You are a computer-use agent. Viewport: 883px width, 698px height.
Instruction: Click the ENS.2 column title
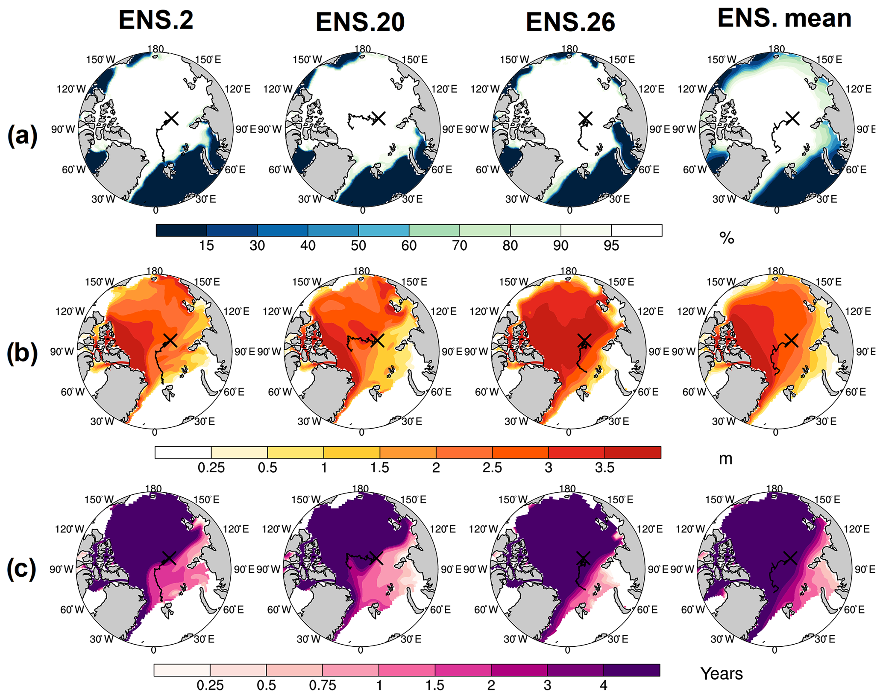tap(156, 20)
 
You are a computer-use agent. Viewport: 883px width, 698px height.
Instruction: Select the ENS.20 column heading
tap(360, 22)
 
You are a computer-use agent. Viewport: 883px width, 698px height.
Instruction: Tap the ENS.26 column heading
tap(570, 22)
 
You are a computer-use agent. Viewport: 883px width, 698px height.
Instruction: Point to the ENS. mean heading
tap(784, 18)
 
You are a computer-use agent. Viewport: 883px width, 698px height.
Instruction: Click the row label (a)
tap(22, 136)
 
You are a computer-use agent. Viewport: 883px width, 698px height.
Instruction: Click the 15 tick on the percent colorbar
tap(206, 245)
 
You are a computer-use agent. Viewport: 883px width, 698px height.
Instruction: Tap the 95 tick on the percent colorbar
tap(611, 245)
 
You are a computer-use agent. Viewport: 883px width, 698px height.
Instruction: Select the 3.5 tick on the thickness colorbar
tap(604, 468)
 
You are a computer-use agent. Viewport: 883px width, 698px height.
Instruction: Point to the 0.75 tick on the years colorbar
tap(323, 686)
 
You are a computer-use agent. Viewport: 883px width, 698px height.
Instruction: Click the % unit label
tap(727, 238)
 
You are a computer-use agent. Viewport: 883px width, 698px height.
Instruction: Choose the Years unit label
tap(722, 674)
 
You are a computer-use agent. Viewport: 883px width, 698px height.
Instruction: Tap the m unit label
tap(725, 459)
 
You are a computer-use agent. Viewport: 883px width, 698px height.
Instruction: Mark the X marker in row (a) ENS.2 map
tap(171, 118)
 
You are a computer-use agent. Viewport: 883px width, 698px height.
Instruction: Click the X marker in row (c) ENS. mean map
tap(791, 558)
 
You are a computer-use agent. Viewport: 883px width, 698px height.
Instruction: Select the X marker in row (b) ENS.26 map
tap(584, 340)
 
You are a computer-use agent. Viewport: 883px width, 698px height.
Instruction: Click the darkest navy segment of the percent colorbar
tap(181, 231)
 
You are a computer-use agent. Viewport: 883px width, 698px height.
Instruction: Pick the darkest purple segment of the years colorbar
tap(631, 670)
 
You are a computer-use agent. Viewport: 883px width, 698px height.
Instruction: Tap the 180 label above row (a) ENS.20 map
tap(362, 49)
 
